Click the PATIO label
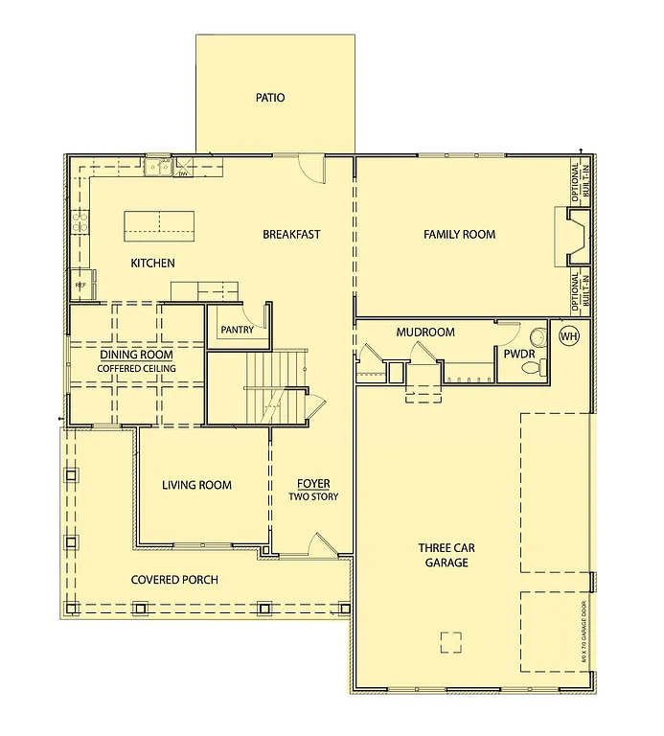point(270,98)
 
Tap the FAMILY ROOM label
point(459,234)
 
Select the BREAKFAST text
point(291,234)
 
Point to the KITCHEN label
point(153,263)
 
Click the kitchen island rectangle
point(159,226)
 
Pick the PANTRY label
point(237,330)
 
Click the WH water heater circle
point(569,336)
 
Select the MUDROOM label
point(425,333)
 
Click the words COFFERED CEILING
point(136,368)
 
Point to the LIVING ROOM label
point(196,485)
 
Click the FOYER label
point(313,483)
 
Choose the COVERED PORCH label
point(174,580)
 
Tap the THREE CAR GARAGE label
point(446,555)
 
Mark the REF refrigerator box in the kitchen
point(80,286)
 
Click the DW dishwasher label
point(182,173)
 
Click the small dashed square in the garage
point(450,642)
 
